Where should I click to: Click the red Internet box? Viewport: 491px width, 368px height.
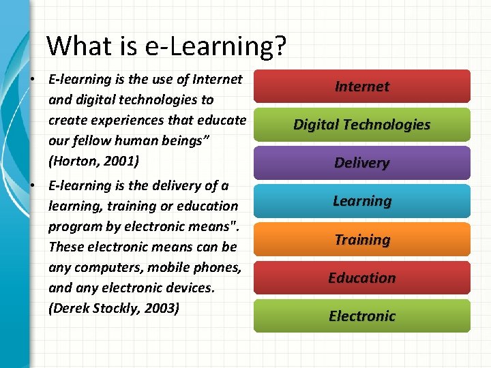(361, 87)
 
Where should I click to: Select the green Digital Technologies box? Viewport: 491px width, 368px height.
(361, 125)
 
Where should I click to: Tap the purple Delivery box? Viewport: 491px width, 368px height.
(361, 163)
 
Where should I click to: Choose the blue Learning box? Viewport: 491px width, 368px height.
(361, 201)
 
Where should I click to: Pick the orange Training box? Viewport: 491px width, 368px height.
(361, 240)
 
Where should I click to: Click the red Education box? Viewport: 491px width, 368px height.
(361, 278)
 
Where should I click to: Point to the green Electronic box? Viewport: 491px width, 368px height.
(361, 316)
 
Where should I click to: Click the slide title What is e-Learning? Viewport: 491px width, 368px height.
(166, 46)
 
